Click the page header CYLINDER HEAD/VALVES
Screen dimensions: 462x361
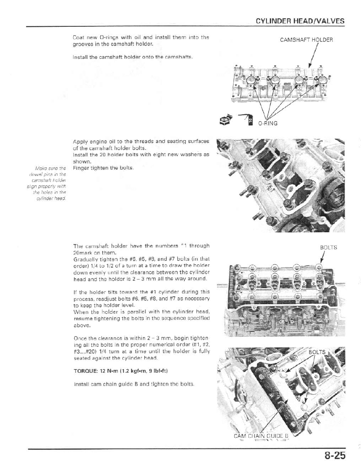[300, 21]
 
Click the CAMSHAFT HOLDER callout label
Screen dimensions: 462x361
[306, 40]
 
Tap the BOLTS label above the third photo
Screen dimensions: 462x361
[328, 248]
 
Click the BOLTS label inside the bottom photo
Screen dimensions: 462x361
[317, 352]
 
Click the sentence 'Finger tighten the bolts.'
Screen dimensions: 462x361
[99, 168]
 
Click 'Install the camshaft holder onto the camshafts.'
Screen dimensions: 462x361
[131, 57]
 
